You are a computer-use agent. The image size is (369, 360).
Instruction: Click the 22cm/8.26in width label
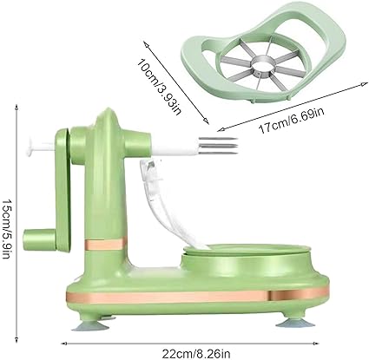(x=196, y=353)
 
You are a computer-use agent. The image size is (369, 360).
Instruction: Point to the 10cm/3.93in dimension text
(x=159, y=86)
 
